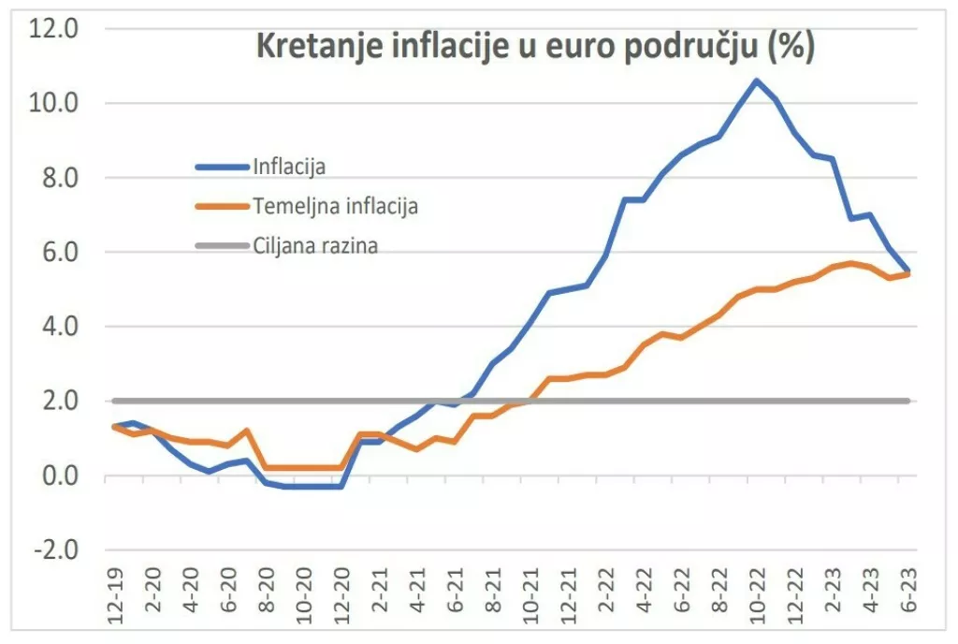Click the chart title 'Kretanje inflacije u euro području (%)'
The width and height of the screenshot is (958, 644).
(535, 47)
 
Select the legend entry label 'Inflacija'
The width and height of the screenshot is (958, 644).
(288, 167)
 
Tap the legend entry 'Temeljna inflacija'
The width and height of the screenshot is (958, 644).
(335, 207)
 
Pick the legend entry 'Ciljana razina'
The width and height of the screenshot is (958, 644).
(315, 246)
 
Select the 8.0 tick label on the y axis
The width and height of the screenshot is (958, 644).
(58, 177)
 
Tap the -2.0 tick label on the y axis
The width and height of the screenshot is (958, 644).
(55, 549)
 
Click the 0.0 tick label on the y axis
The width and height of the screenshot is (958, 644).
(58, 476)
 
